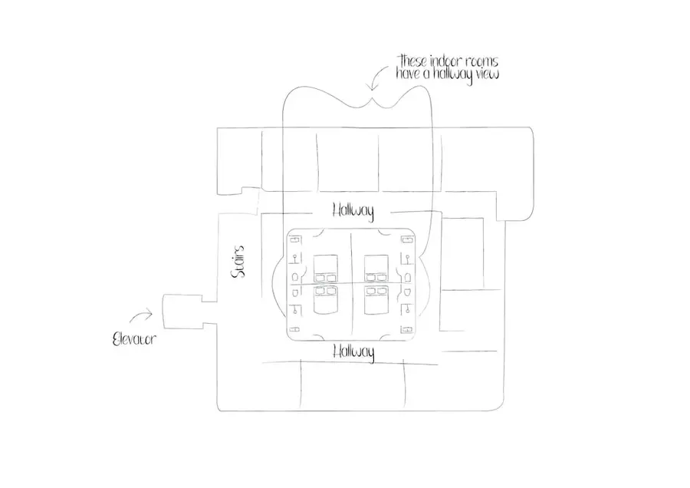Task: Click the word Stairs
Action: pyautogui.click(x=238, y=262)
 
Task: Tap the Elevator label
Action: pyautogui.click(x=134, y=338)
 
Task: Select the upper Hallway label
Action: pyautogui.click(x=353, y=211)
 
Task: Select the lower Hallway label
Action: pyautogui.click(x=353, y=352)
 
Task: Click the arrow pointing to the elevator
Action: pyautogui.click(x=141, y=315)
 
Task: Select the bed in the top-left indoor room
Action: pyautogui.click(x=326, y=269)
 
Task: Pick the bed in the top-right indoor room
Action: pyautogui.click(x=376, y=269)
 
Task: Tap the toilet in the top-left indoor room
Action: pyautogui.click(x=296, y=277)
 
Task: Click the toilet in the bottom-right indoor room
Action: pyautogui.click(x=408, y=292)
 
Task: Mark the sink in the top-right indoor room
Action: pyautogui.click(x=407, y=259)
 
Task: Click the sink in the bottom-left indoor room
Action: pyautogui.click(x=296, y=310)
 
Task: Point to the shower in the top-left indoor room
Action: pyautogui.click(x=295, y=240)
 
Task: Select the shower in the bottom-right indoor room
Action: pyautogui.click(x=407, y=329)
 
